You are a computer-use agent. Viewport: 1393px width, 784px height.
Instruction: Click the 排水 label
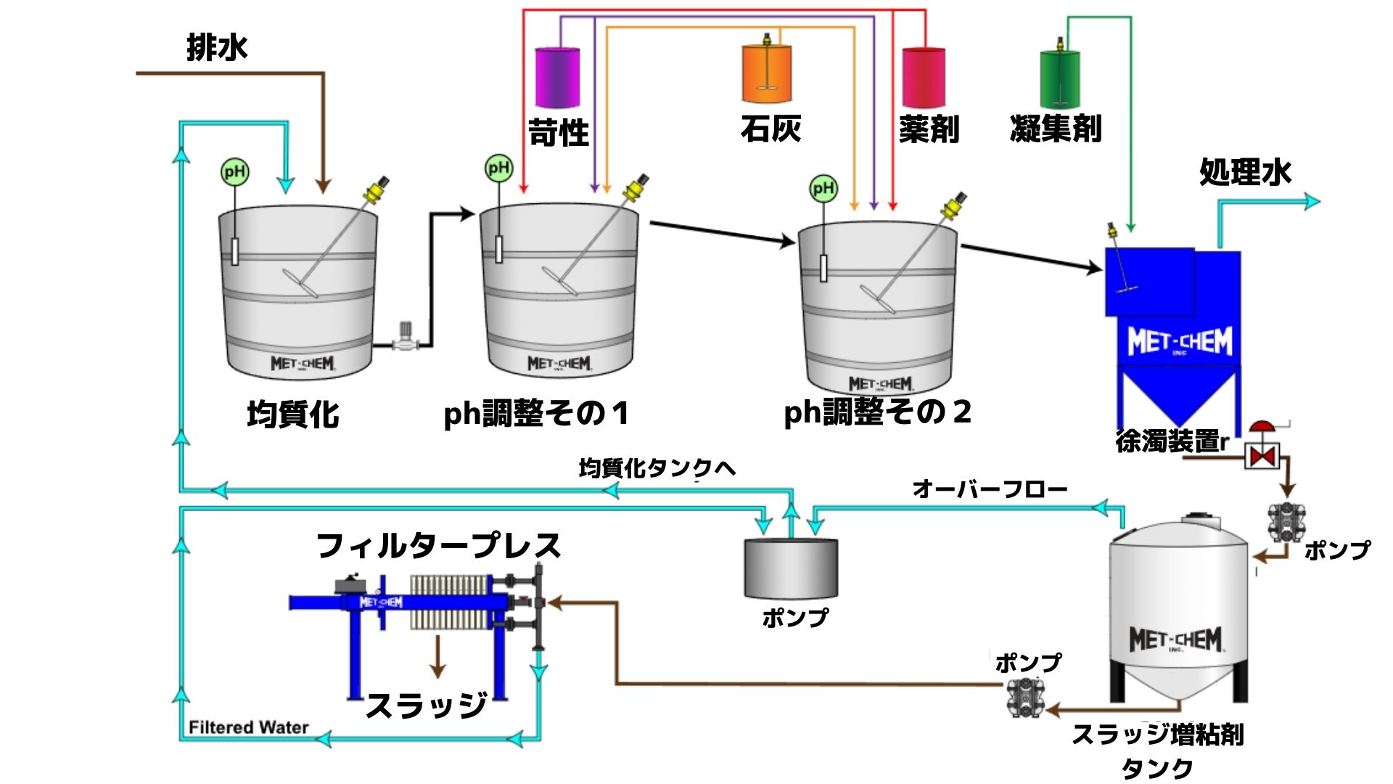click(217, 48)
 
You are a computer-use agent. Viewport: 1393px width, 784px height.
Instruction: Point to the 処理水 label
click(1245, 172)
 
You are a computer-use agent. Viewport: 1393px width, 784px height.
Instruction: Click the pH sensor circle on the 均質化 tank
click(234, 172)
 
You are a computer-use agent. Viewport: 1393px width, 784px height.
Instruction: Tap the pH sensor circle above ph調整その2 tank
click(823, 189)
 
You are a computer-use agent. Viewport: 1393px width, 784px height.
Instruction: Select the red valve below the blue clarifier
click(1262, 455)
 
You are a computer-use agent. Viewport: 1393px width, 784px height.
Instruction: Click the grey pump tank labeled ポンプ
click(791, 568)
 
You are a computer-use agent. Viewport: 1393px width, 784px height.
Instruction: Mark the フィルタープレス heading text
click(439, 546)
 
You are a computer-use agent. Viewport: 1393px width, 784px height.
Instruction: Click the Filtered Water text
click(248, 727)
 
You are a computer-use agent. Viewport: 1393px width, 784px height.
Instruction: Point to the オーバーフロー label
click(990, 489)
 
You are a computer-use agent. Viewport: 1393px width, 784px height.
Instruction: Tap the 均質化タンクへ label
click(657, 468)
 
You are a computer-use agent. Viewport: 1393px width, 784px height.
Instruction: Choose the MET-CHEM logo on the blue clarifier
click(1180, 341)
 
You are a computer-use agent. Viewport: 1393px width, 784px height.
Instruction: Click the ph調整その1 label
click(536, 414)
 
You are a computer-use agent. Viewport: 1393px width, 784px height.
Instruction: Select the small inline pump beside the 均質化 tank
click(406, 338)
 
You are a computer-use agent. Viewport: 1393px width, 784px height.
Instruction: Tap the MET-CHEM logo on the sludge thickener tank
click(1176, 640)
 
